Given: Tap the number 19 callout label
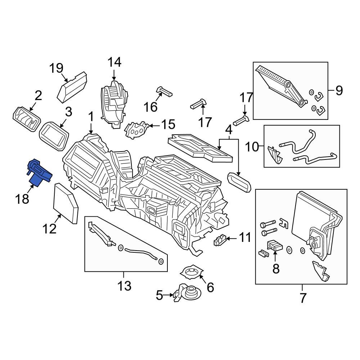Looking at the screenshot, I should pyautogui.click(x=56, y=68).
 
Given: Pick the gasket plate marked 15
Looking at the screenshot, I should pyautogui.click(x=136, y=129).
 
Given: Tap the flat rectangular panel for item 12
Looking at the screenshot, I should pyautogui.click(x=66, y=204).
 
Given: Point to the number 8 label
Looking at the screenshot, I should pyautogui.click(x=276, y=269).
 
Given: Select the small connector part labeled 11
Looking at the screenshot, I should pyautogui.click(x=220, y=240).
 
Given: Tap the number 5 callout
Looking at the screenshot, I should pyautogui.click(x=159, y=296).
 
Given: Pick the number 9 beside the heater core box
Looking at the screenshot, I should pyautogui.click(x=339, y=91).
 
